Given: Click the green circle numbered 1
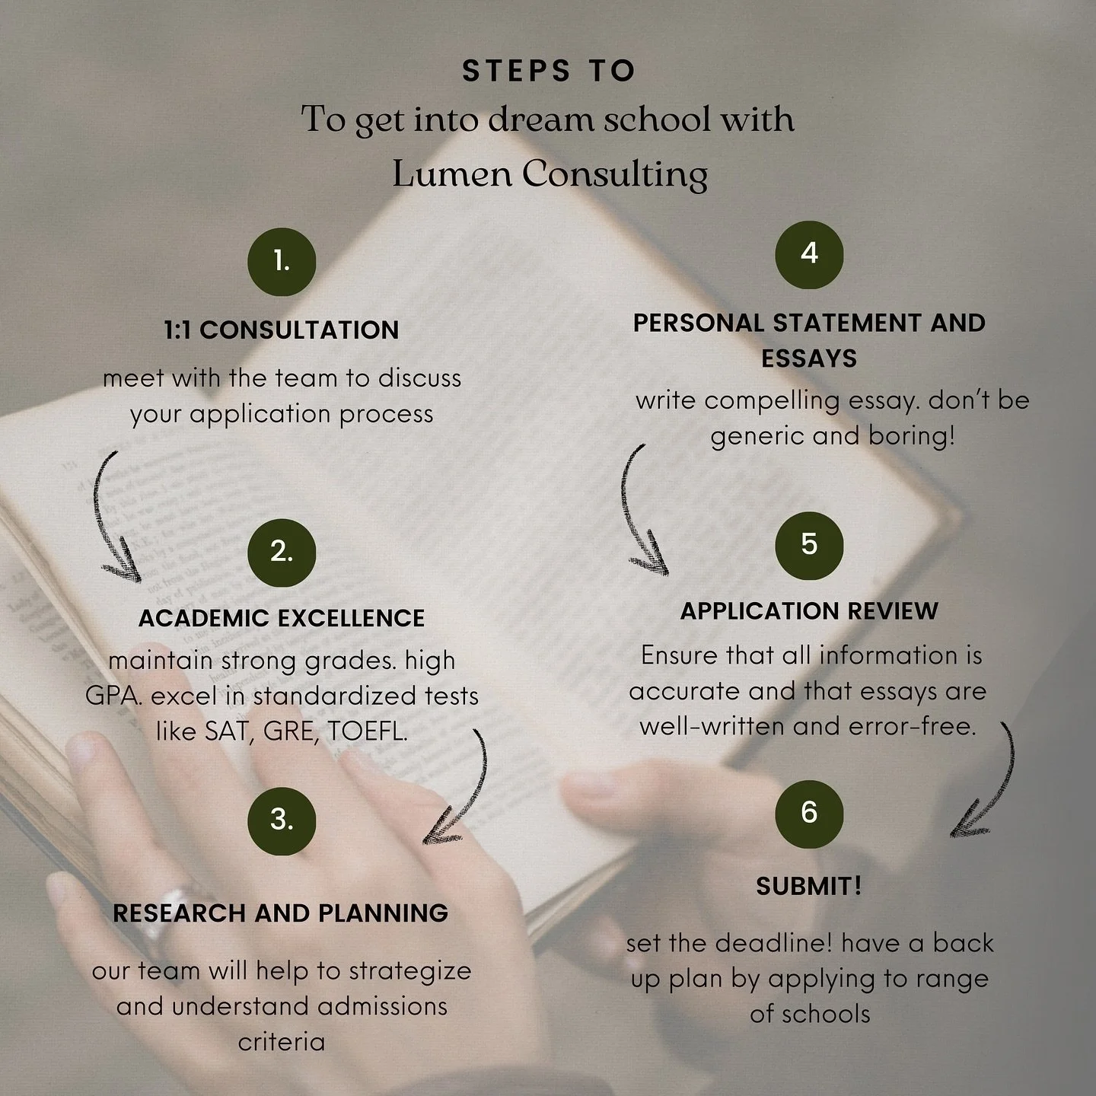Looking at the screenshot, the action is point(282,262).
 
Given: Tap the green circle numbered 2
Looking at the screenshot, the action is point(282,553).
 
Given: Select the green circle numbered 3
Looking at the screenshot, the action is point(282,820).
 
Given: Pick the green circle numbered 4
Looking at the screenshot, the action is point(809,254).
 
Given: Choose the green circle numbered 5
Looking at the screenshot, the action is point(809,546).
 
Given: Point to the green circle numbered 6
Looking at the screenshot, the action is point(809,814).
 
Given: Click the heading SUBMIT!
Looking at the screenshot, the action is point(809,886).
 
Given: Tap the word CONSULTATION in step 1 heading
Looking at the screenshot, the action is point(299,330).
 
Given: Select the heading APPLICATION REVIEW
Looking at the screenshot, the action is point(809,611).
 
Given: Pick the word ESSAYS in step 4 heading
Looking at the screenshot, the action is point(809,358).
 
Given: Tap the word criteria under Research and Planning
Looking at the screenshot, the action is point(282,1041).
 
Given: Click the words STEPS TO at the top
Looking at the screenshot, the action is point(548,71).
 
